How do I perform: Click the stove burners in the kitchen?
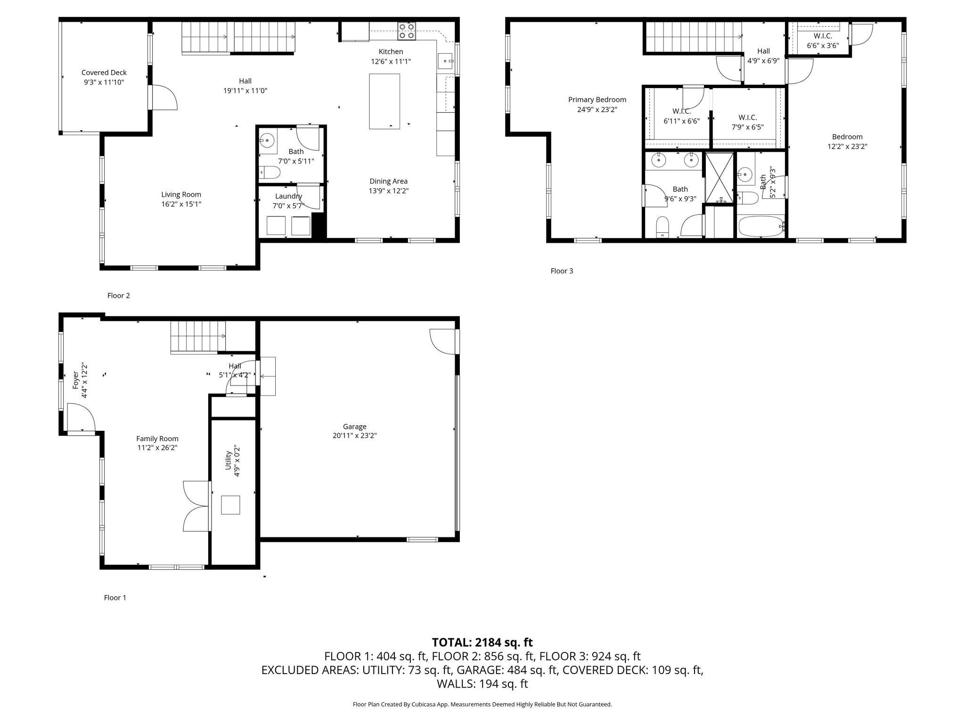(x=406, y=31)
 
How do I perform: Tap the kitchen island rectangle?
(x=384, y=101)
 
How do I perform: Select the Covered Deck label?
(x=104, y=73)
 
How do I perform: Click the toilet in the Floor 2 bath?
(x=270, y=173)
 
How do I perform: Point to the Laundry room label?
(x=288, y=196)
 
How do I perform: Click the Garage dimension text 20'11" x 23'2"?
(x=354, y=436)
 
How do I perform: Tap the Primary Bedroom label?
(x=597, y=99)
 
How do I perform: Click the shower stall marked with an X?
(x=719, y=177)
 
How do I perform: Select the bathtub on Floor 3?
(x=761, y=227)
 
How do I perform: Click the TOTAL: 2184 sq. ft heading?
(x=482, y=642)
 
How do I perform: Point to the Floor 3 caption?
(x=562, y=271)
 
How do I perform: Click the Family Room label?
(x=157, y=438)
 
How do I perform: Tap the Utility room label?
(x=228, y=460)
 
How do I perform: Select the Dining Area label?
(x=388, y=181)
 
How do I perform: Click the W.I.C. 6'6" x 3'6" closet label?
(x=823, y=41)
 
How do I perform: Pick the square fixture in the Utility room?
(x=230, y=505)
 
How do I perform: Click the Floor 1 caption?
(x=115, y=598)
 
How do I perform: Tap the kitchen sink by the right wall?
(x=445, y=61)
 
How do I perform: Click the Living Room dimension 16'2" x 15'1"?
(x=181, y=204)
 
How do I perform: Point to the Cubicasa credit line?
(x=482, y=704)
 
